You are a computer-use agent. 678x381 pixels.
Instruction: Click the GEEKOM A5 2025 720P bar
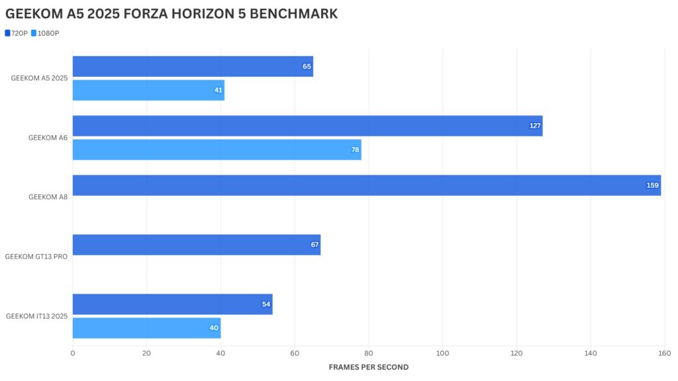(x=192, y=66)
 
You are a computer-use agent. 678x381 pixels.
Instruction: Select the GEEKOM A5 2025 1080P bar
(x=148, y=90)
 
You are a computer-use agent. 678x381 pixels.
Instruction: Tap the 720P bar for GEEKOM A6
(x=307, y=126)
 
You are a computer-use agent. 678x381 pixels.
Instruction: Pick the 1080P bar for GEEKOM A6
(x=217, y=149)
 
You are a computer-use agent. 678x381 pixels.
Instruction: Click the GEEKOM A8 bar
(x=366, y=185)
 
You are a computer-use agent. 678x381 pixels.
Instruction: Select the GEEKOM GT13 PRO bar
(x=196, y=245)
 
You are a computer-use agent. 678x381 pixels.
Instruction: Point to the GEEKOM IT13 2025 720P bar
(x=172, y=304)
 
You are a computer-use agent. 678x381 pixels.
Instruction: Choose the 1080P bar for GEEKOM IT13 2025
(x=146, y=328)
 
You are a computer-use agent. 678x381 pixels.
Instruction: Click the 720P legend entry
(x=17, y=33)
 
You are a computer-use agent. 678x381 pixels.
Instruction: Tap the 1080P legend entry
(x=46, y=33)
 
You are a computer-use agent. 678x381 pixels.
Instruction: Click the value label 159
(x=653, y=185)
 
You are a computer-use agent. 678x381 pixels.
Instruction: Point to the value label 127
(x=535, y=126)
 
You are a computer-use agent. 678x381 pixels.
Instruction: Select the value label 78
(x=355, y=149)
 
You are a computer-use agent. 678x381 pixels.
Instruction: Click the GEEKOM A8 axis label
(x=48, y=197)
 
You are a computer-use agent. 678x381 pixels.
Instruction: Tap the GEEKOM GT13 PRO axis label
(x=36, y=257)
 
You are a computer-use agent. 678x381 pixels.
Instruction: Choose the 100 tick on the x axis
(x=442, y=353)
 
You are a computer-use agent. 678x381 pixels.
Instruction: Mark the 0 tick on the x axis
(x=73, y=353)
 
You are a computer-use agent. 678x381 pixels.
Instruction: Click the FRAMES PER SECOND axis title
(x=369, y=367)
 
